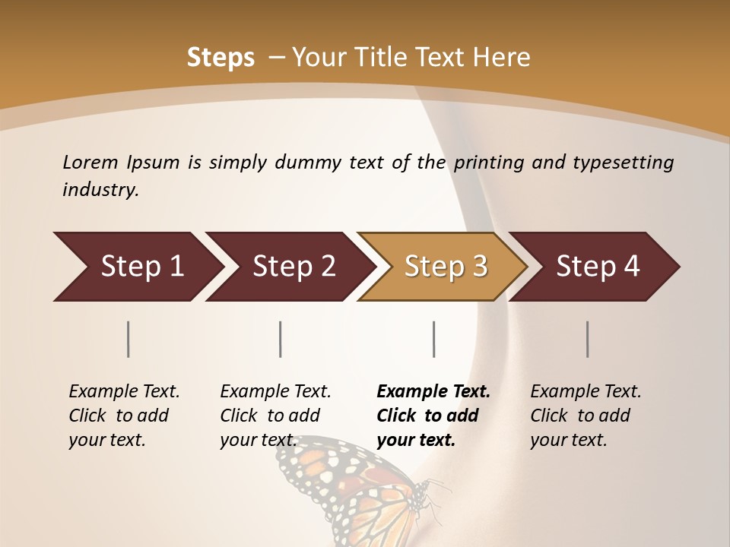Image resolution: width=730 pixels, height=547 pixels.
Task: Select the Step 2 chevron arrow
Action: click(289, 267)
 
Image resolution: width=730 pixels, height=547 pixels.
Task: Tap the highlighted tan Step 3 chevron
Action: click(443, 267)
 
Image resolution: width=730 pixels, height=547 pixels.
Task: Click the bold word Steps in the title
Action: click(221, 58)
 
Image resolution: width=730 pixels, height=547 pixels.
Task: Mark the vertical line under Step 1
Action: click(129, 339)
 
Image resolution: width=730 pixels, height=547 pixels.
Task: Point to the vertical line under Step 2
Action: click(281, 339)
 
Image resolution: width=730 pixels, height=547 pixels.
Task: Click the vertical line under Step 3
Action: click(434, 339)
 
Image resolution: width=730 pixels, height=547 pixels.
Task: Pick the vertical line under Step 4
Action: click(588, 339)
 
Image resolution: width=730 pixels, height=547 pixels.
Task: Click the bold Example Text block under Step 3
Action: click(433, 416)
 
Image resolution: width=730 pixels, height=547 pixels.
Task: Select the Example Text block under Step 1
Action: click(124, 416)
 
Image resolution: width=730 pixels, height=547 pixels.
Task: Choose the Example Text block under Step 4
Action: click(586, 416)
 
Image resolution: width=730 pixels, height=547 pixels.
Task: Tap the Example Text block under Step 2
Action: click(275, 416)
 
